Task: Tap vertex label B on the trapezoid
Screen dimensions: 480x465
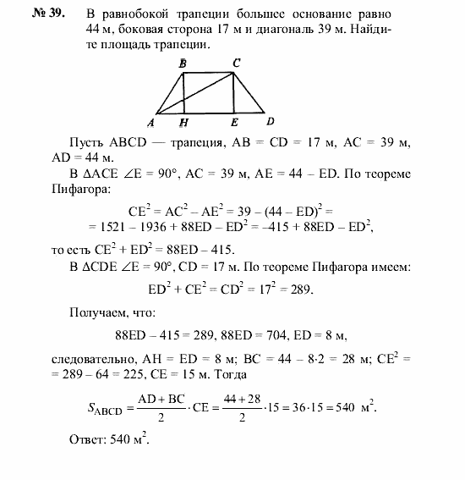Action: (x=183, y=63)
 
